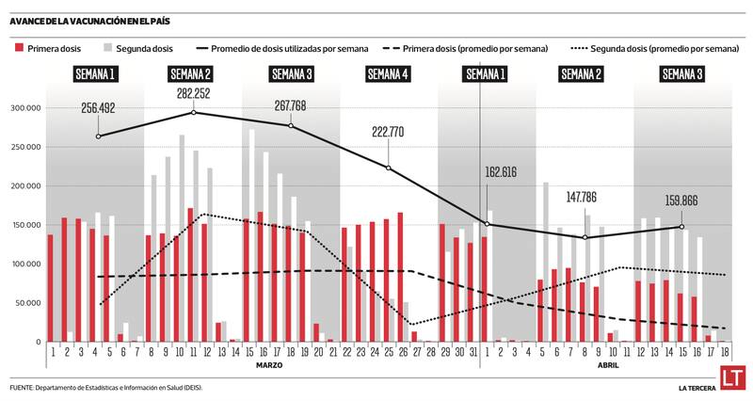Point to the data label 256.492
(x=99, y=108)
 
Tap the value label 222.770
(x=388, y=132)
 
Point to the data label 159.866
(x=681, y=200)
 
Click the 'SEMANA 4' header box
(x=388, y=73)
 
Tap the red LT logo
(x=735, y=380)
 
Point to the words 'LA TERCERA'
(x=699, y=388)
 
